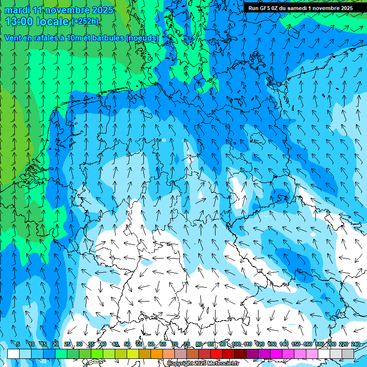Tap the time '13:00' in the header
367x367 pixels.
[19, 21]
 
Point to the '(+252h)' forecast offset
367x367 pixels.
[85, 22]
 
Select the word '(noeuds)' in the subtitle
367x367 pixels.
[141, 38]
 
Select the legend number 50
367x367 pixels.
[127, 344]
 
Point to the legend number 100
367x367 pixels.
[236, 344]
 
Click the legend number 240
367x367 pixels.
[355, 344]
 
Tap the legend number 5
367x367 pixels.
[18, 344]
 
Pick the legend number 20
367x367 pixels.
[55, 344]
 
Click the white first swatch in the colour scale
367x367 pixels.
[13, 354]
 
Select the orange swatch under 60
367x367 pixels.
[157, 354]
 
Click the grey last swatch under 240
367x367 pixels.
[348, 354]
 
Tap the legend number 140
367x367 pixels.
[284, 344]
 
